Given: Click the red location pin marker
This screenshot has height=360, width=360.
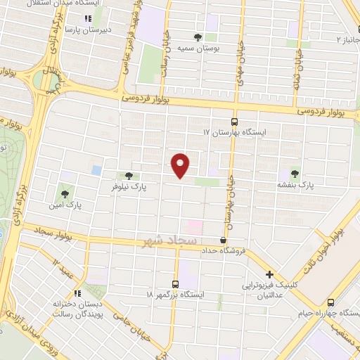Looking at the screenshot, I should point(181,166).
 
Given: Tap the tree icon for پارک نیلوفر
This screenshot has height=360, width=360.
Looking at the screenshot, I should point(128,176).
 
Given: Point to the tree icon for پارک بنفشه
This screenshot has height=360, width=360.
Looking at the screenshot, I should point(294,174).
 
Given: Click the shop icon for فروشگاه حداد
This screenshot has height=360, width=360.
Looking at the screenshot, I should point(223,240).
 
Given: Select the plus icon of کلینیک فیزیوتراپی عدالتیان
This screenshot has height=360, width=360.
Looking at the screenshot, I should point(269,275).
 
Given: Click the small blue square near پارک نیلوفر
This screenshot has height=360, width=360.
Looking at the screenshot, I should point(96,170).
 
